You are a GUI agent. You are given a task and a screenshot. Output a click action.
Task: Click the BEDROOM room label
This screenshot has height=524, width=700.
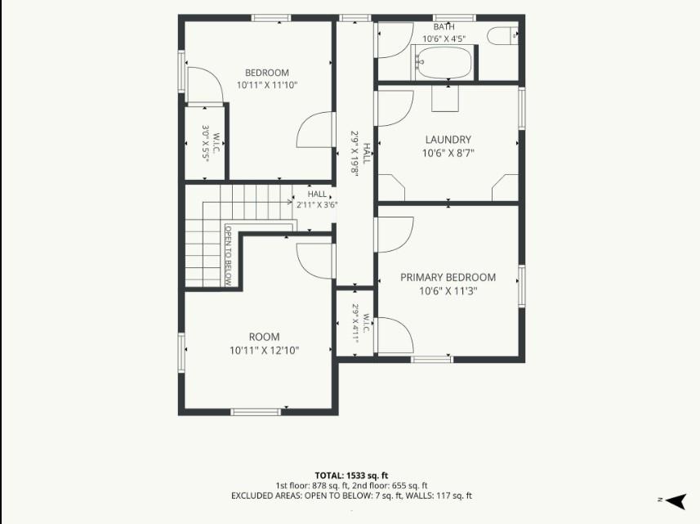[267, 73]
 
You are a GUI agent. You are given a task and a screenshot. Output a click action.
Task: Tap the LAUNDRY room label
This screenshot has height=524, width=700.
[448, 140]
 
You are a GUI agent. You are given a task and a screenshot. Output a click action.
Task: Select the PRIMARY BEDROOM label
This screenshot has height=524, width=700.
[448, 277]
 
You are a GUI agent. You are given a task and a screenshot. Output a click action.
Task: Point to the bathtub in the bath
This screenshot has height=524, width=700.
[444, 63]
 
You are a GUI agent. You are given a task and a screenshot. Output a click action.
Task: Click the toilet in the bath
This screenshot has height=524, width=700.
[502, 36]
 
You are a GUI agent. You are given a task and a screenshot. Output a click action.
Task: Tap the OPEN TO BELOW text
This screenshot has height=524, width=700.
[228, 256]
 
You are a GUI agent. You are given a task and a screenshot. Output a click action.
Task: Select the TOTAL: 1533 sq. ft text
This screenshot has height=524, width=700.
[351, 476]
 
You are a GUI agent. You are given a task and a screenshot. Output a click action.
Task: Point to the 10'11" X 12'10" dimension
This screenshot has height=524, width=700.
[265, 351]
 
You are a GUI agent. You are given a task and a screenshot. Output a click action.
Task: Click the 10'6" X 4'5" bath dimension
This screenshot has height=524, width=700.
[444, 39]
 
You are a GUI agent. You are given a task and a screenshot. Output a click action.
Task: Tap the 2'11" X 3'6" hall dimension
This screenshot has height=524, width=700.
[317, 205]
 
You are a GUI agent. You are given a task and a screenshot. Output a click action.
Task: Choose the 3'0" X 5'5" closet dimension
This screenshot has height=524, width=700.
[206, 143]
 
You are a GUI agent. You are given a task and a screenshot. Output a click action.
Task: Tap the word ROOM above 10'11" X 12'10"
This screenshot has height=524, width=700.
[265, 337]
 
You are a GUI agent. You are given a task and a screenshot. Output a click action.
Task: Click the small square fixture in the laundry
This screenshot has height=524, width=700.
[445, 98]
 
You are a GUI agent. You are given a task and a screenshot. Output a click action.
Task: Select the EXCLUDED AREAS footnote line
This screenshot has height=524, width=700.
[351, 495]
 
